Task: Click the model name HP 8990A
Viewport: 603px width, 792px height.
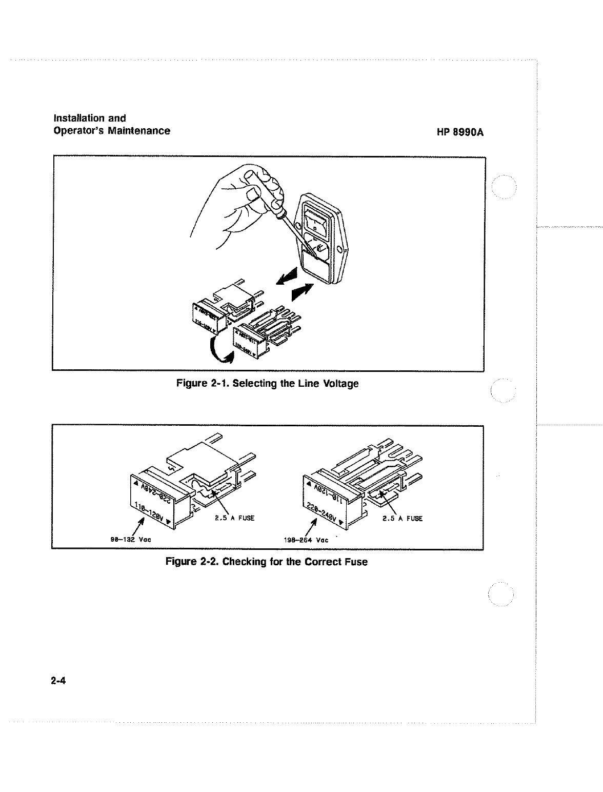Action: [x=460, y=132]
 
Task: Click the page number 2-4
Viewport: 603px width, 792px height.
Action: [x=59, y=682]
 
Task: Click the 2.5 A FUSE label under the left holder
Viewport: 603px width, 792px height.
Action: [x=233, y=518]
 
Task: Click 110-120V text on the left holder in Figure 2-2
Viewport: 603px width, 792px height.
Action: [x=152, y=511]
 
